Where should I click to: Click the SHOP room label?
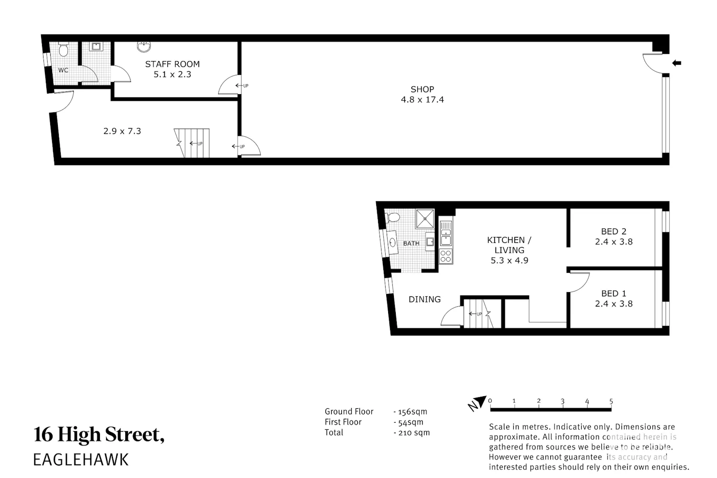[422, 89]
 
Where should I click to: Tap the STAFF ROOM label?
[172, 65]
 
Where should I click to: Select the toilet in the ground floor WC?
[64, 49]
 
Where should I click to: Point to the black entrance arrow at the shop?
[676, 63]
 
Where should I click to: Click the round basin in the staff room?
[144, 47]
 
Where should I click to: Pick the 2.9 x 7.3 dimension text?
[122, 131]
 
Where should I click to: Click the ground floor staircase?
[192, 143]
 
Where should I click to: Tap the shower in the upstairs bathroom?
[425, 218]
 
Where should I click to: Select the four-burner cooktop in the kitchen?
[445, 256]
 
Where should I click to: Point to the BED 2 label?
[614, 231]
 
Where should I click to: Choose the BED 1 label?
[614, 293]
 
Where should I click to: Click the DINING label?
[425, 299]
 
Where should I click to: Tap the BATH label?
[411, 243]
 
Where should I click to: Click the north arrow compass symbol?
[477, 403]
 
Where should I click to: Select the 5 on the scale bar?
[611, 401]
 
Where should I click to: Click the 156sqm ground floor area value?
[412, 412]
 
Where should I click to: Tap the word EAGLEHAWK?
[81, 459]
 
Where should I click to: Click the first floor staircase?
[478, 314]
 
